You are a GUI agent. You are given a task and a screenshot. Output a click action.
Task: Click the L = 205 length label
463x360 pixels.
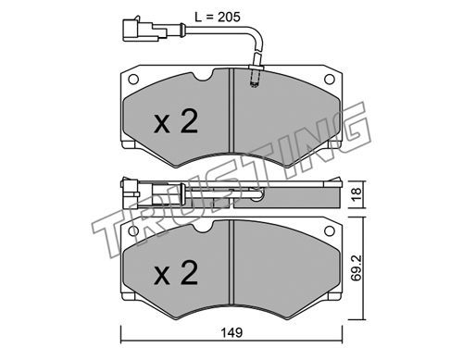pyautogui.click(x=218, y=17)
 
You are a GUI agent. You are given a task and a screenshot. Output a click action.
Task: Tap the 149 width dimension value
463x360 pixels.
pyautogui.click(x=231, y=332)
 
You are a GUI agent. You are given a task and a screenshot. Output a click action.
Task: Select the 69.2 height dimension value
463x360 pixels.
pyautogui.click(x=357, y=268)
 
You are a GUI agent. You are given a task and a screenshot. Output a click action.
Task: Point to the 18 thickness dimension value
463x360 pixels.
pyautogui.click(x=357, y=194)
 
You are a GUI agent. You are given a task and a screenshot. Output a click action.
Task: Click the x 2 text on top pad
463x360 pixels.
pyautogui.click(x=176, y=122)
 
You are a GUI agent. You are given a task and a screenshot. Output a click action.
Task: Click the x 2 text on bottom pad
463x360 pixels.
pyautogui.click(x=176, y=272)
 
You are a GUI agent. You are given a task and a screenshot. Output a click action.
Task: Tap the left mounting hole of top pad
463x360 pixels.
pyautogui.click(x=133, y=80)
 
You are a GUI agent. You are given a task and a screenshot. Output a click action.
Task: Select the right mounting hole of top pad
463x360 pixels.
pyautogui.click(x=330, y=80)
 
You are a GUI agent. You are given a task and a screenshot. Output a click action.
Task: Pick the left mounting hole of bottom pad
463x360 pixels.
pyautogui.click(x=133, y=231)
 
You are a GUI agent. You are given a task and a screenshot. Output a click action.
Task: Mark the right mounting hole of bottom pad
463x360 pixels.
pyautogui.click(x=330, y=230)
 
